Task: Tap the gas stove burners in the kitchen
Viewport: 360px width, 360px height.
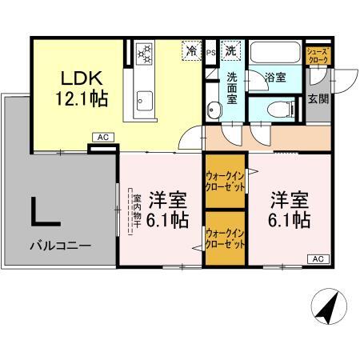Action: point(145,53)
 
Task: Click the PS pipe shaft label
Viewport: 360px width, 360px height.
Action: point(211,53)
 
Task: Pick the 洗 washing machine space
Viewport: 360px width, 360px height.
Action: point(231,50)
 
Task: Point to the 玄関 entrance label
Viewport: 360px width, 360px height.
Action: point(316,98)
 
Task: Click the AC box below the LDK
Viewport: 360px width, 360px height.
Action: point(102,138)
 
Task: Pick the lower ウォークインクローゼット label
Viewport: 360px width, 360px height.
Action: point(225,238)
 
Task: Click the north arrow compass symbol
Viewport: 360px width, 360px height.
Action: point(329,305)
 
